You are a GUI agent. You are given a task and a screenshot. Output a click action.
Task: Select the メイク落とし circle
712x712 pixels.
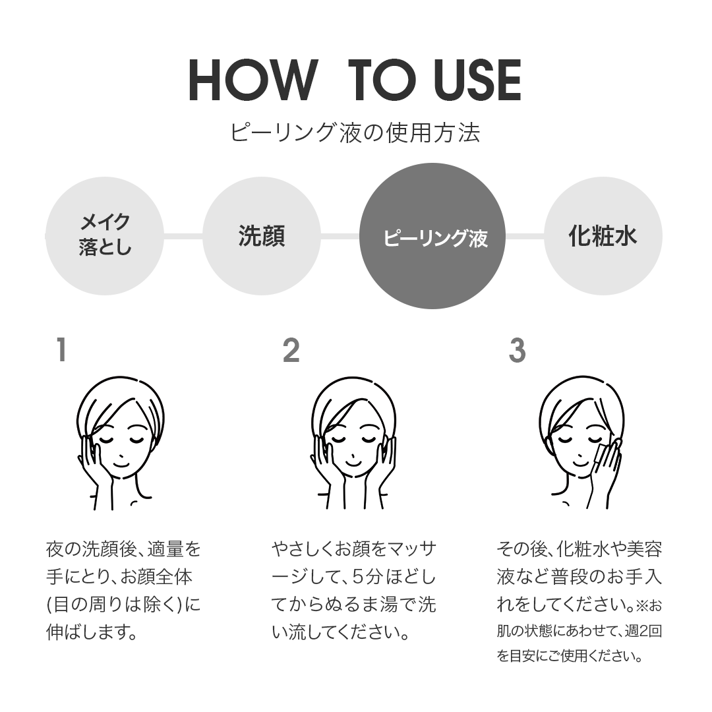(104, 235)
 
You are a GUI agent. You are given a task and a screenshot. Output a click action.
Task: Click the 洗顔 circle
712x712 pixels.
(262, 235)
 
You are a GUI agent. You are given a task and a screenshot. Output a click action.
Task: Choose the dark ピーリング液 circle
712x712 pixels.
(432, 236)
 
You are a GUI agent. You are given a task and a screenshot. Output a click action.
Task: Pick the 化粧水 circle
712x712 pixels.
(603, 235)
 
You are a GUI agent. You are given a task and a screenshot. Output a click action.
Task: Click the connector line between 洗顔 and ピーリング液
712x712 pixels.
(340, 236)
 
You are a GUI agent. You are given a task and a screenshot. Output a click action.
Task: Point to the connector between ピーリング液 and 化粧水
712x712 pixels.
(525, 236)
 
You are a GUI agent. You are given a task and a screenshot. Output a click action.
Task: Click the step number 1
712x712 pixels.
(62, 350)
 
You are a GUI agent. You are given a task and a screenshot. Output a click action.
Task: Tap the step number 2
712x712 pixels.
(291, 350)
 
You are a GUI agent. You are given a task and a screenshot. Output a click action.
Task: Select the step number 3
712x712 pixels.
(518, 350)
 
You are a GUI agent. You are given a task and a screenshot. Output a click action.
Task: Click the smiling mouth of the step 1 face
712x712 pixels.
(121, 464)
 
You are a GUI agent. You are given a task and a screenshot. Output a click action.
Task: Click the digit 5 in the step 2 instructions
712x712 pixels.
(358, 578)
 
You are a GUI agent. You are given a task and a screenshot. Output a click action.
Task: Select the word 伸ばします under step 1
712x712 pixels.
(87, 632)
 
